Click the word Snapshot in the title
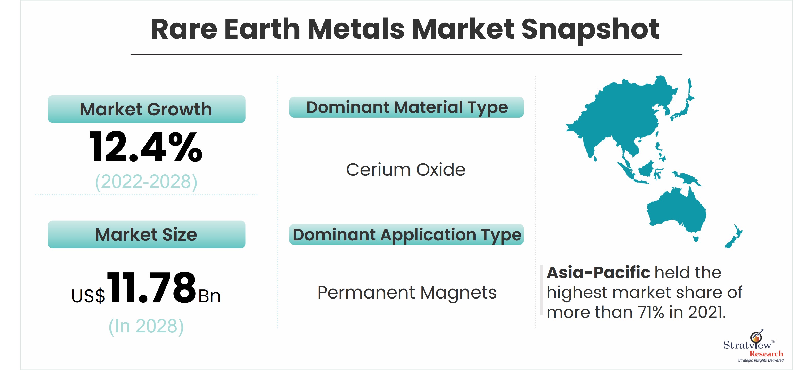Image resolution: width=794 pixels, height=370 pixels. (x=590, y=30)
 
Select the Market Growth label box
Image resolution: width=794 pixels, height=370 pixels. (x=147, y=109)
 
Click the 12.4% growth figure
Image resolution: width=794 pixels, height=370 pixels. (x=146, y=147)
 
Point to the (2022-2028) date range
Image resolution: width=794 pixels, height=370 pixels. (x=146, y=182)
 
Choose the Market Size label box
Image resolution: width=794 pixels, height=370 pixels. (x=147, y=234)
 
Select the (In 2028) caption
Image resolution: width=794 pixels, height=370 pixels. (x=146, y=326)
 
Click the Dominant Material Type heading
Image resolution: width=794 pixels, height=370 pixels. (x=407, y=107)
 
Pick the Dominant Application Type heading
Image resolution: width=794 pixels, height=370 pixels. (x=407, y=234)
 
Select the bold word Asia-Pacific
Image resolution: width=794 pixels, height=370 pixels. (x=598, y=272)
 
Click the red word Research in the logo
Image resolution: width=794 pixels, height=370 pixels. (x=766, y=354)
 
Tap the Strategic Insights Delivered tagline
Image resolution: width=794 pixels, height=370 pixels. (x=761, y=360)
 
